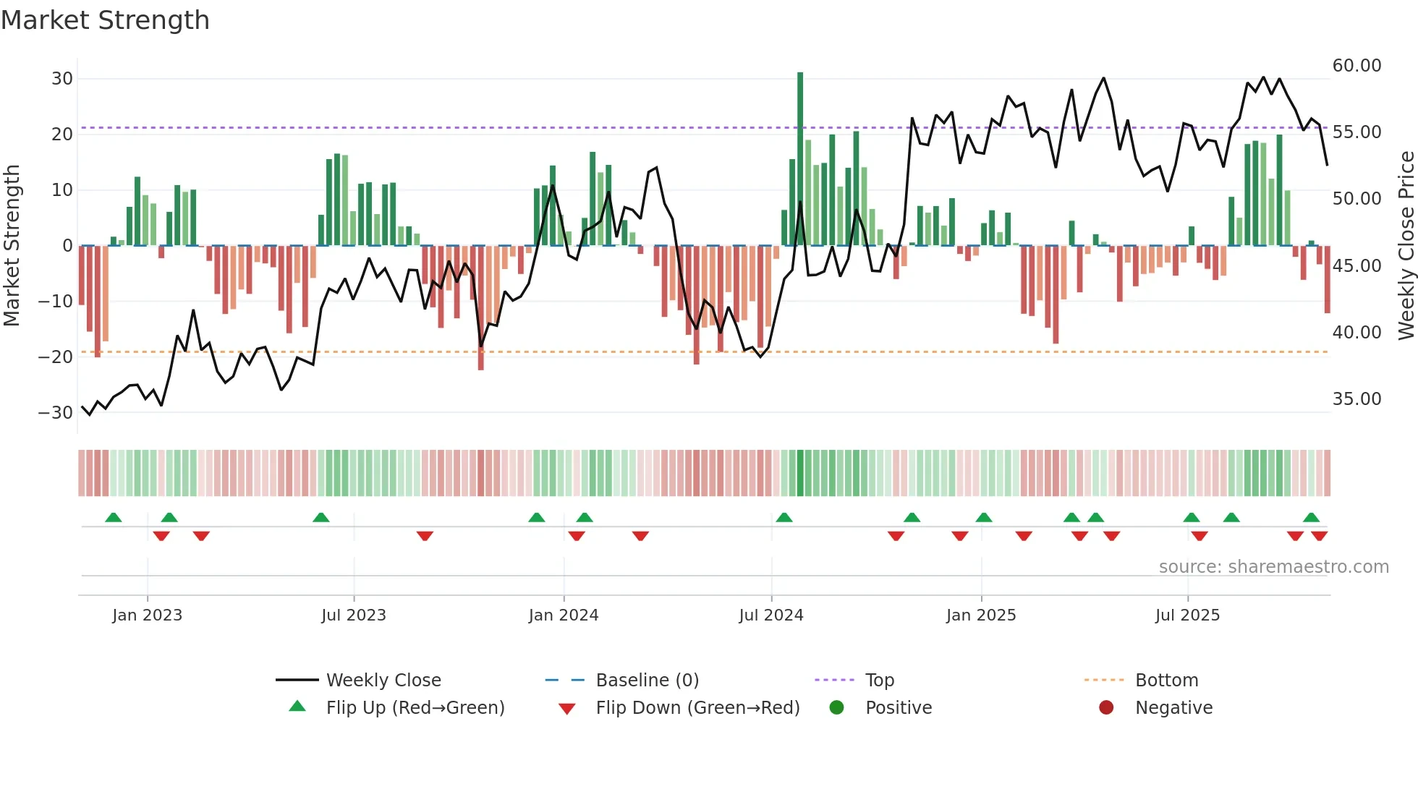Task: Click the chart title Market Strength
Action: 105,20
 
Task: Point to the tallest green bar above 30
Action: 800,159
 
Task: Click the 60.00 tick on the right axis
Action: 1357,66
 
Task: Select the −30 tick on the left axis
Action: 56,413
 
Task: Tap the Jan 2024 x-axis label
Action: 563,615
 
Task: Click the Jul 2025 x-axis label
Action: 1187,615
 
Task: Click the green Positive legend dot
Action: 836,707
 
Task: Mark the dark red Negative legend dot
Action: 1106,707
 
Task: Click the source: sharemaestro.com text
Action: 1273,567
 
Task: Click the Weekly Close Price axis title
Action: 1406,246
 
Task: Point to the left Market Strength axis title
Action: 12,246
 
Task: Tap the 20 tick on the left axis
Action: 61,135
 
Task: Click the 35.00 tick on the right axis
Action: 1357,399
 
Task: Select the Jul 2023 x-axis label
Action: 353,615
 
